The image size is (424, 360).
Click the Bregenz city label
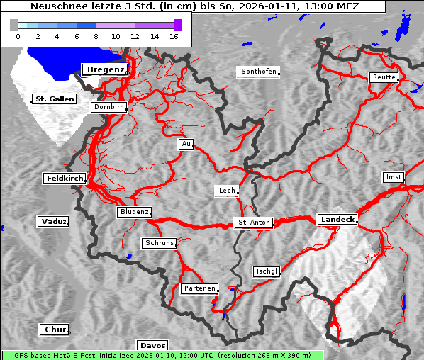105,69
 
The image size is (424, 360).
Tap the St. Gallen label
54,99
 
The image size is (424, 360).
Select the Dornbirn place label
109,107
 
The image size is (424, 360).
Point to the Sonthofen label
258,72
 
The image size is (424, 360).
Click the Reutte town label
384,77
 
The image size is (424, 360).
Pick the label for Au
186,144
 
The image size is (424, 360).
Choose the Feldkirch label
65,179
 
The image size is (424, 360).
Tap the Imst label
392,176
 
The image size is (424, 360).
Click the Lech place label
226,191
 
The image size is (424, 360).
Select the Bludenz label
134,212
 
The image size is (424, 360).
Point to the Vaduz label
53,222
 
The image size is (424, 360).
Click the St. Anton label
253,223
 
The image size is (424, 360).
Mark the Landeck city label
337,220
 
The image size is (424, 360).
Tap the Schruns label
159,243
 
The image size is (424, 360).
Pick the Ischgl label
267,271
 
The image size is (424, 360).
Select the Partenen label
199,288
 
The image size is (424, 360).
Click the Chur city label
54,330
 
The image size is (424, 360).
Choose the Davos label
152,345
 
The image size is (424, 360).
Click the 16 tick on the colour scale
174,35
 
